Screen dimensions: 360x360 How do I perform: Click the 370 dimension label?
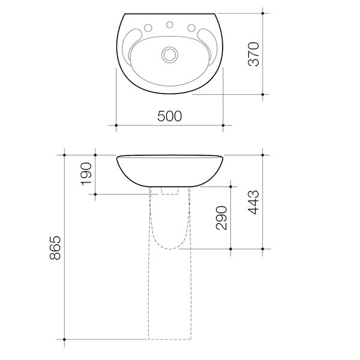click(254, 54)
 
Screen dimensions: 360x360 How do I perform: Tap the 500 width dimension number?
click(170, 116)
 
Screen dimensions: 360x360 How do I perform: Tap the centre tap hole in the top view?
click(170, 26)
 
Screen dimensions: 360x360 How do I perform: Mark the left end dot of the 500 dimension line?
click(116, 125)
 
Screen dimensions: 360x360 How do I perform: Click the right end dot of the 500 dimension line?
click(223, 125)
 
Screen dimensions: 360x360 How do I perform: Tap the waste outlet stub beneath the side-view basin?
click(170, 190)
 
